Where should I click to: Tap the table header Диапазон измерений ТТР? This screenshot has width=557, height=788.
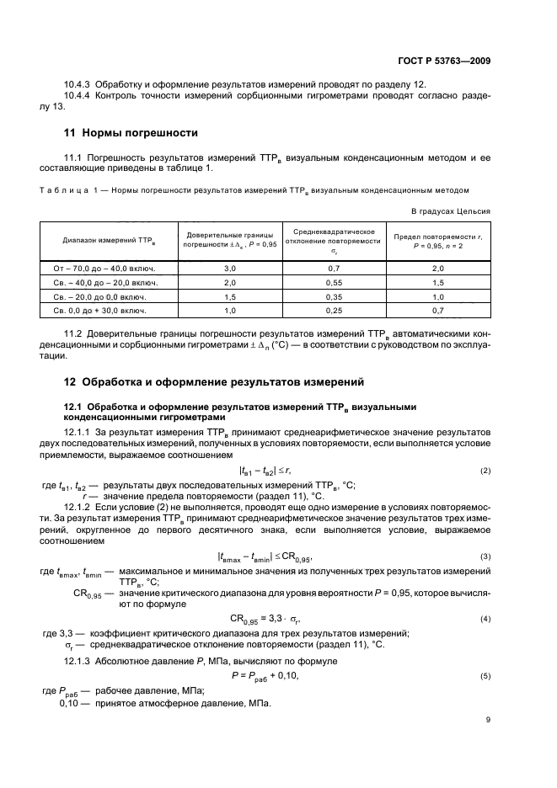pyautogui.click(x=104, y=241)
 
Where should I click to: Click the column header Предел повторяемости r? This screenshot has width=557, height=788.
pyautogui.click(x=437, y=241)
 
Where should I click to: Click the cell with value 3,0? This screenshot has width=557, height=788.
pyautogui.click(x=229, y=268)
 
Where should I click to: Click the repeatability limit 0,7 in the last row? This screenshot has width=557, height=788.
pyautogui.click(x=437, y=311)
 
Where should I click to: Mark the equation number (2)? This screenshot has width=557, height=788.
pyautogui.click(x=485, y=471)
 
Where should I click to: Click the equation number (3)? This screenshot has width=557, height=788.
pyautogui.click(x=485, y=556)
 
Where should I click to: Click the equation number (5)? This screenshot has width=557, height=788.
pyautogui.click(x=485, y=676)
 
